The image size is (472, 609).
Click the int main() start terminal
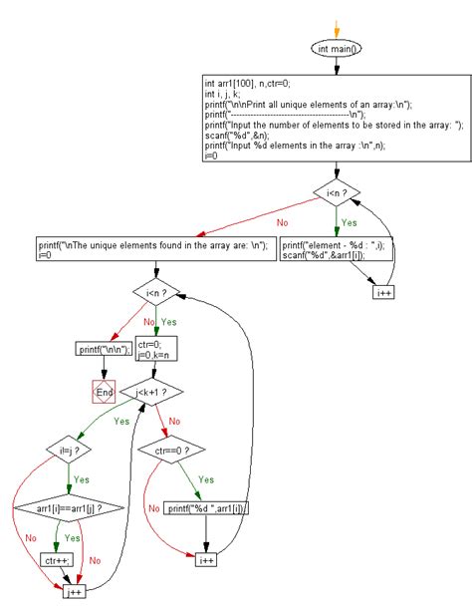(338, 47)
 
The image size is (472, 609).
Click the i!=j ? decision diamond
(68, 450)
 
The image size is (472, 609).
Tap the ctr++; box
(55, 559)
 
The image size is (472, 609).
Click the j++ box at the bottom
(72, 593)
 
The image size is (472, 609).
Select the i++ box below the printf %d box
(207, 559)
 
